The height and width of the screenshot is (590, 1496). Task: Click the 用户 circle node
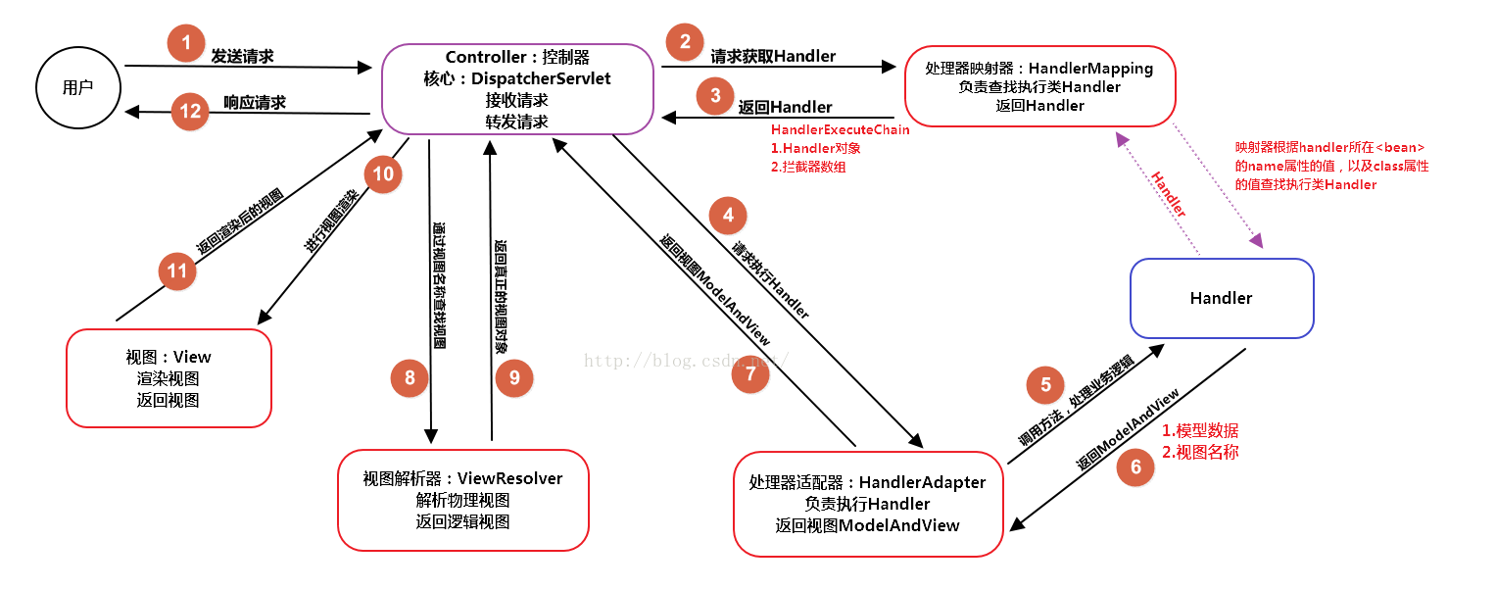(x=77, y=87)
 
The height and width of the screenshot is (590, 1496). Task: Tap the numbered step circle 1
(x=186, y=43)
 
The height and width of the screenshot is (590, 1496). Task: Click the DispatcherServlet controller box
(x=516, y=88)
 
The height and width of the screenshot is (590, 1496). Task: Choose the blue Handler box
(x=1221, y=298)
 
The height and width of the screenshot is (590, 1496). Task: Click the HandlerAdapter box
(x=867, y=504)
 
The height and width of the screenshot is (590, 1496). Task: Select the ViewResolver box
(x=462, y=500)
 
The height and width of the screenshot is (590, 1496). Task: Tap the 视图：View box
(x=169, y=378)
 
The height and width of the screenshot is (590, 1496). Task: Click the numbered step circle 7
(x=750, y=374)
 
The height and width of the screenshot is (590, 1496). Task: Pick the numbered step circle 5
(x=1045, y=384)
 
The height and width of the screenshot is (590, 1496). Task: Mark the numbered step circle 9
(x=514, y=377)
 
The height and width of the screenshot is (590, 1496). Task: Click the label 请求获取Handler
(x=773, y=57)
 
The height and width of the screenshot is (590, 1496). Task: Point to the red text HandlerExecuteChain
(x=840, y=129)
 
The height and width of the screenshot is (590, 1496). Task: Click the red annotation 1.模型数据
(x=1199, y=430)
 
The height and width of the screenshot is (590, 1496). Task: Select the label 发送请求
(x=242, y=57)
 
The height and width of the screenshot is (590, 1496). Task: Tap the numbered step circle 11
(x=177, y=270)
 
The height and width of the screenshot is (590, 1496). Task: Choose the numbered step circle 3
(x=715, y=95)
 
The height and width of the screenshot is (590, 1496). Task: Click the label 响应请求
(x=254, y=102)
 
